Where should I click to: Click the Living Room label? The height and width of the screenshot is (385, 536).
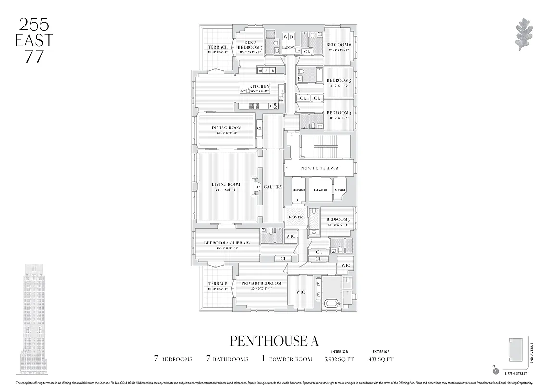coord(226,184)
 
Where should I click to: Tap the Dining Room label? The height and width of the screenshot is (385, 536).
coord(226,128)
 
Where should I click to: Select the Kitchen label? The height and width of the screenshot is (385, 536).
coord(256,86)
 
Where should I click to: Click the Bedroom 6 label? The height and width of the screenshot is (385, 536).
coord(339,45)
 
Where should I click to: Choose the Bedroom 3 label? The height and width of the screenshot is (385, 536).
coord(338,219)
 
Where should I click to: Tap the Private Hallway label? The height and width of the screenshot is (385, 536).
coord(320,168)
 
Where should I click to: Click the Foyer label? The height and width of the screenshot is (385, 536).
coord(296,217)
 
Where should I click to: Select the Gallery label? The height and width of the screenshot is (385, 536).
coord(273,187)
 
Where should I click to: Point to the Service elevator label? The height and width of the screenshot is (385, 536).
coord(340,190)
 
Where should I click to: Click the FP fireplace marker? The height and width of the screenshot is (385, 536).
coord(258,186)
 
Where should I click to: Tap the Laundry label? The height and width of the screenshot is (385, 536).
coord(288,47)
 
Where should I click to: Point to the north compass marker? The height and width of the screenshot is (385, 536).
coord(495,371)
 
